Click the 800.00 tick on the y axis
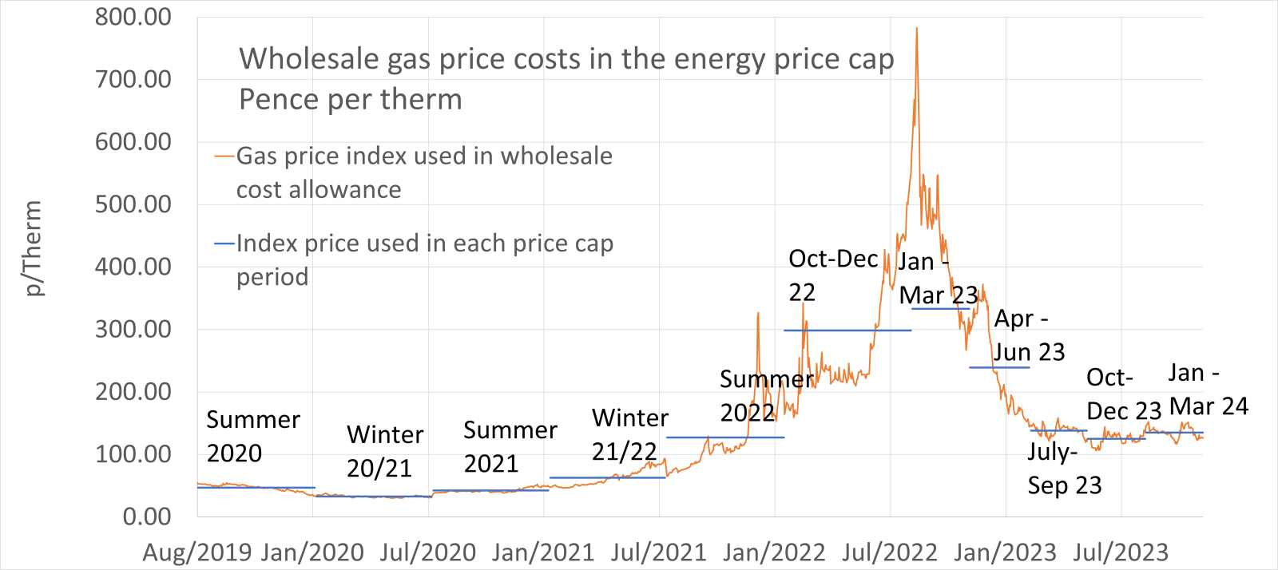133,17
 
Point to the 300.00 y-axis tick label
133,329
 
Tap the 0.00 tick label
146,517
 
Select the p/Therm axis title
32,248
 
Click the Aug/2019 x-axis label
196,552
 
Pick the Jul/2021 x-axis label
659,552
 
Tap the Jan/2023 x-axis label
1005,552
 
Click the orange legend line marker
224,156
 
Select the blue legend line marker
224,243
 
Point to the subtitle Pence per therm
351,100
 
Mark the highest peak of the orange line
916,29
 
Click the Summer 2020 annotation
252,436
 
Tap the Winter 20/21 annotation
384,451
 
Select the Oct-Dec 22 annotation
832,275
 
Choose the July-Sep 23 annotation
1064,469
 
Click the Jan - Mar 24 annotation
1208,390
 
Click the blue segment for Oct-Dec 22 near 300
847,331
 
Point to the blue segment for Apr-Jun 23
999,367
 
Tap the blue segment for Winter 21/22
607,477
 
